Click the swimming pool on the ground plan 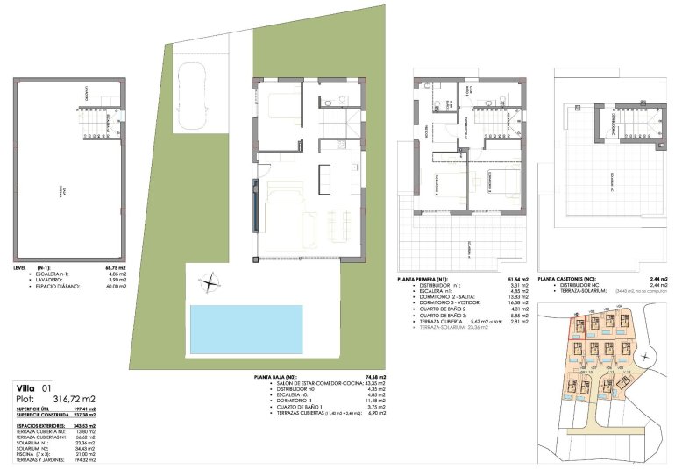pyautogui.click(x=245, y=329)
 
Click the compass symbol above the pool pyautogui.click(x=210, y=282)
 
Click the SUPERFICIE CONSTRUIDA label pyautogui.click(x=43, y=415)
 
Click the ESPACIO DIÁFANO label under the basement pyautogui.click(x=59, y=286)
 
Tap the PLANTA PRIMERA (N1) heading pyautogui.click(x=426, y=279)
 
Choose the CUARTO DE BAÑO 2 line pyautogui.click(x=437, y=309)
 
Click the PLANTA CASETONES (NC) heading pyautogui.click(x=569, y=279)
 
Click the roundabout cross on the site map pyautogui.click(x=647, y=356)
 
